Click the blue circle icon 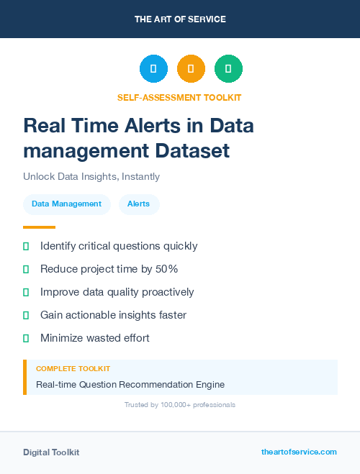point(153,68)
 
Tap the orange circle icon point(191,68)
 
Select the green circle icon point(228,68)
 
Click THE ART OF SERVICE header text point(180,19)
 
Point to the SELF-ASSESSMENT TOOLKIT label point(179,97)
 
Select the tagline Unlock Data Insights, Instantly point(91,176)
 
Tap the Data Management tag point(67,204)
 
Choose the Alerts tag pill point(139,204)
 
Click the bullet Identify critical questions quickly point(119,246)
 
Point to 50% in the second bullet point(167,269)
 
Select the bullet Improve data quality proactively point(117,292)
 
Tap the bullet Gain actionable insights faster point(113,315)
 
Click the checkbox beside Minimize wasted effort point(26,338)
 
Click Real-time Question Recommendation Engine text point(130,385)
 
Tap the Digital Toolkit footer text point(51,452)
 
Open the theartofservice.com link point(299,452)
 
